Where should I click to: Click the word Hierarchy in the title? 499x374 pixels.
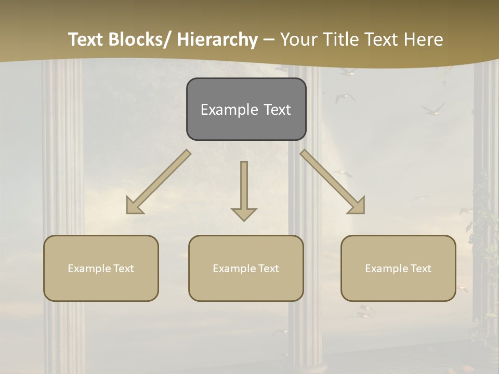(217, 39)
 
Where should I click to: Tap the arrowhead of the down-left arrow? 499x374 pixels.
(134, 206)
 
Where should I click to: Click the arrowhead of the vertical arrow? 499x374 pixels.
(244, 213)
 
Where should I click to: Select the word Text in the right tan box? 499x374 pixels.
(421, 269)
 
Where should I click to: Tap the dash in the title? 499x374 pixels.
(269, 39)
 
